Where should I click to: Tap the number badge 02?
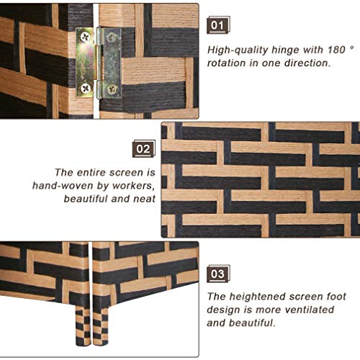[x=144, y=149]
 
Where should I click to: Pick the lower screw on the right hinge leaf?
[x=112, y=89]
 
